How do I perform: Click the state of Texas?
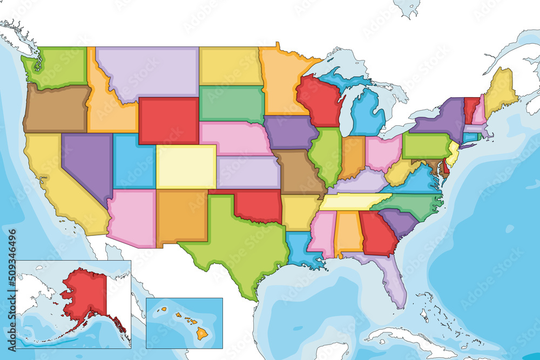[x=238, y=243]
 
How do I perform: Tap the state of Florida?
[x=391, y=278]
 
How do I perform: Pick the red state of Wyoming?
[x=168, y=120]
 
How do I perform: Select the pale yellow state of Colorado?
[x=186, y=166]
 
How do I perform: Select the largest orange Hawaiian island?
[x=202, y=334]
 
